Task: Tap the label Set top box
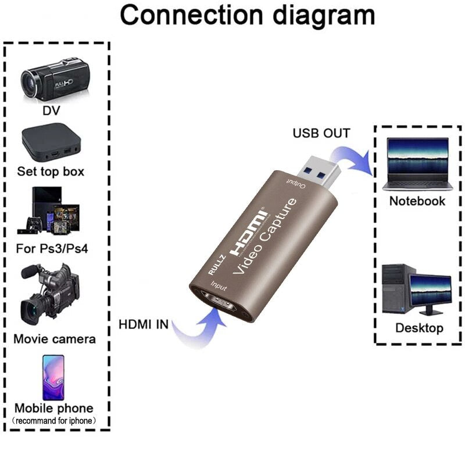click(x=51, y=171)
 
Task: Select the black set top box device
click(x=51, y=142)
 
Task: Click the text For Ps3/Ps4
click(x=53, y=249)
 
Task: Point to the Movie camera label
click(x=55, y=338)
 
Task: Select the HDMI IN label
click(x=144, y=324)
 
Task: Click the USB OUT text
click(x=321, y=134)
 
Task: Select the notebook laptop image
click(x=417, y=165)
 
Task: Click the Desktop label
click(x=419, y=328)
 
